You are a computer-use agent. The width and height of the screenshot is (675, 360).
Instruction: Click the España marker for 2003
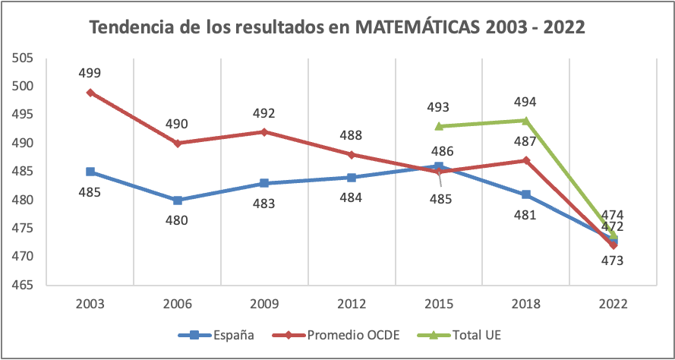coord(90,172)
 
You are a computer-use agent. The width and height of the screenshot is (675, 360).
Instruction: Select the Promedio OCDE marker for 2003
coord(90,93)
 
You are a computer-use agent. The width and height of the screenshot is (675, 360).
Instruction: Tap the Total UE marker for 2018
coord(525,120)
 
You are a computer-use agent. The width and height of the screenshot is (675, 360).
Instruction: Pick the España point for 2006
coord(178,201)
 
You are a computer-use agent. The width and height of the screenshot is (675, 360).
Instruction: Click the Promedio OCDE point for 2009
coord(264,132)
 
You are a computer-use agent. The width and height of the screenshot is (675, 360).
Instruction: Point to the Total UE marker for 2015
coord(439,126)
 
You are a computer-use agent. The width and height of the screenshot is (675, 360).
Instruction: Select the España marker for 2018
coord(525,194)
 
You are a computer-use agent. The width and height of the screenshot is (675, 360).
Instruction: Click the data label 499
coord(90,73)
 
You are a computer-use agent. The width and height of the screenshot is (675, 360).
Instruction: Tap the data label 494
coord(525,102)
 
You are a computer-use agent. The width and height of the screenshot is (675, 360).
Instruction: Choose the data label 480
coord(178,220)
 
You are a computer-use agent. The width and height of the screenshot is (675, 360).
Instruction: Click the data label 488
coord(352,135)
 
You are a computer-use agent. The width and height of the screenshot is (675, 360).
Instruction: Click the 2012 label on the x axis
coord(352,304)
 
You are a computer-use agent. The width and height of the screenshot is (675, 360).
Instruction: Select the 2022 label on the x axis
coord(613,304)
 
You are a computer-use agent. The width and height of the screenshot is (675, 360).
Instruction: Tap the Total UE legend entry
coord(468,335)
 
